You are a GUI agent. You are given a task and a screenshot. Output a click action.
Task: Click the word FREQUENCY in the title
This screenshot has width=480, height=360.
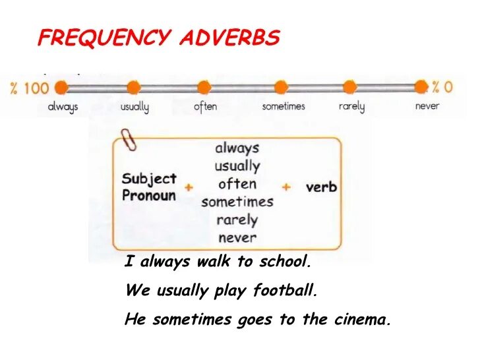coord(104,38)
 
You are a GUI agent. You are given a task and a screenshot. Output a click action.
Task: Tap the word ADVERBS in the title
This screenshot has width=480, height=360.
coord(229,38)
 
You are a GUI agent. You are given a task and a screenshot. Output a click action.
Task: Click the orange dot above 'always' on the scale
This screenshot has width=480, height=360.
coord(61,87)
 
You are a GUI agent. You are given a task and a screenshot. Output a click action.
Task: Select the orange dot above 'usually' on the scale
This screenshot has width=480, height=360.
coord(134,87)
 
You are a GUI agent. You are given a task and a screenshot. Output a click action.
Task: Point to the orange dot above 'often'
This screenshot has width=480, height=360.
coord(205,87)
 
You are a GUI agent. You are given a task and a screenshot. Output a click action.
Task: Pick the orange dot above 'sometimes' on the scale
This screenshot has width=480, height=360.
coord(282,87)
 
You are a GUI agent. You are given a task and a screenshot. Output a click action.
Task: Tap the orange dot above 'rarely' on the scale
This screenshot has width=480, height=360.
coord(351,87)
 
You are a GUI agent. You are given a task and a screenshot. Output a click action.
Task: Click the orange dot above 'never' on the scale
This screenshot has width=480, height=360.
coord(421,87)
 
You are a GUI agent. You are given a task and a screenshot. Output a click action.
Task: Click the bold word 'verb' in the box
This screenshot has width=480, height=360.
coord(321,187)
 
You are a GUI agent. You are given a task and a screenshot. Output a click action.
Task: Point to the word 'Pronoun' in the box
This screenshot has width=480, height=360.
coord(149,196)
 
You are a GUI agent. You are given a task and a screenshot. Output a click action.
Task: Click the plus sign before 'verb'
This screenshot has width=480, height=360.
coord(286,187)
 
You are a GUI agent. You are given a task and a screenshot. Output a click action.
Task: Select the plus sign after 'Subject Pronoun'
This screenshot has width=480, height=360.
coord(189,187)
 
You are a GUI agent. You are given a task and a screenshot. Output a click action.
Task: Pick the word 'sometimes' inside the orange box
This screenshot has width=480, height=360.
coord(237,202)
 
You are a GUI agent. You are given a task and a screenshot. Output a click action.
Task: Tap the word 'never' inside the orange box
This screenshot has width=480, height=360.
coord(237,237)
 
